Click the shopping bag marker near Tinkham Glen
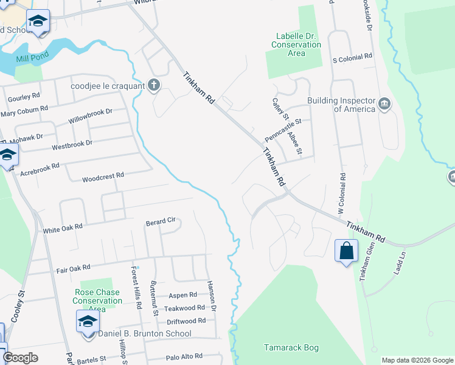click(x=346, y=251)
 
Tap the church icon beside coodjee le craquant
click(x=154, y=85)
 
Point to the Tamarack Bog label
click(x=291, y=348)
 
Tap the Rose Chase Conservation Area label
click(x=97, y=296)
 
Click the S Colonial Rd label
click(x=352, y=57)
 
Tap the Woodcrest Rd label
click(x=103, y=176)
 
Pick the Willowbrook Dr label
click(x=91, y=116)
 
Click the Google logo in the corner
click(x=20, y=358)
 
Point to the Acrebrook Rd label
click(x=40, y=165)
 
